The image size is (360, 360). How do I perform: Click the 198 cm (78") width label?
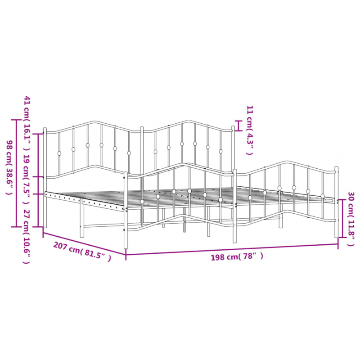click(237, 256)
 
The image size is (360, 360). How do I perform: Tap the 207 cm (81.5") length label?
click(82, 252)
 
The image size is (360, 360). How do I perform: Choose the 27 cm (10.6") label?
click(27, 237)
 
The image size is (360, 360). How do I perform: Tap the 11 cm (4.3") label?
click(250, 130)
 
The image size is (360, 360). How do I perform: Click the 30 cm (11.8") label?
click(351, 219)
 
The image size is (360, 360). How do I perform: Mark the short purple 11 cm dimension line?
click(238, 126)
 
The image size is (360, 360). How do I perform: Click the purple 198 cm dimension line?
click(232, 249)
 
